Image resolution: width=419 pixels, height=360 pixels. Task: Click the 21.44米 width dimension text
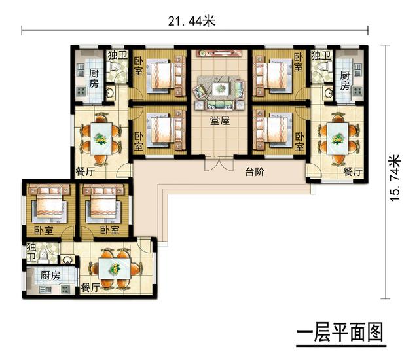tap(191, 21)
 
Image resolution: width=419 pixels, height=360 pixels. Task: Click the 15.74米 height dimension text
tap(394, 179)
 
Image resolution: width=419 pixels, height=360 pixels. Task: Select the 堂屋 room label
tap(219, 120)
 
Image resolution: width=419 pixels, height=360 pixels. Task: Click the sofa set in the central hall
tap(219, 92)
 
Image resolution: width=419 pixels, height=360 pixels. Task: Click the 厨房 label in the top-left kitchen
tap(94, 78)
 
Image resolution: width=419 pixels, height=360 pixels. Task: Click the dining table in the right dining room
tap(338, 139)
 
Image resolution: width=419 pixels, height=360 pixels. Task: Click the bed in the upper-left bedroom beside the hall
tap(162, 75)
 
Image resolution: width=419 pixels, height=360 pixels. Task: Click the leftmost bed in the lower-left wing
tap(48, 205)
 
